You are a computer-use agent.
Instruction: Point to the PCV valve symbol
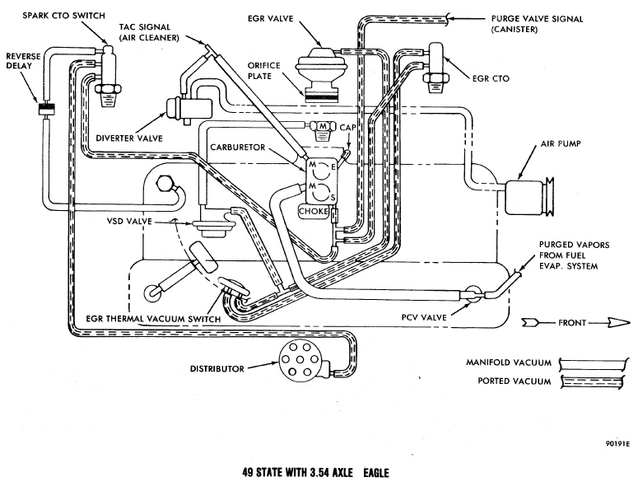pos(471,291)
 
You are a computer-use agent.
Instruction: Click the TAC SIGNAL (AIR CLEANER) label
pos(147,30)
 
